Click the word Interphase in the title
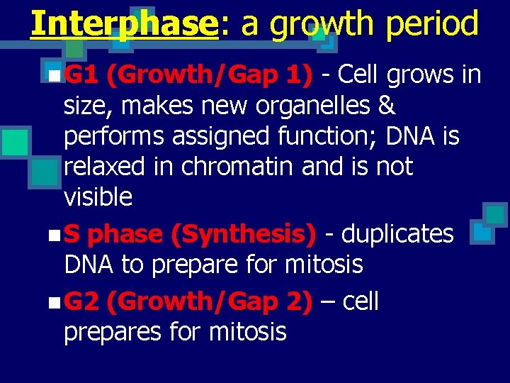124,23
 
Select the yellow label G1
81,74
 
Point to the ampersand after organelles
387,106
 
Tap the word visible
98,197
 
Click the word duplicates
396,234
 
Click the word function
320,136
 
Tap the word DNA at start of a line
89,265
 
